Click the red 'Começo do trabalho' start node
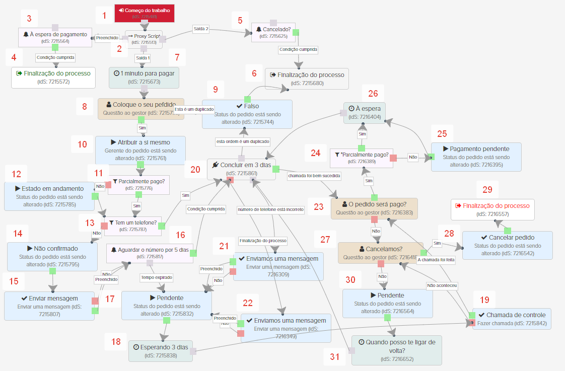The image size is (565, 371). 144,13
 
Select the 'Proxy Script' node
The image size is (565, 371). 144,39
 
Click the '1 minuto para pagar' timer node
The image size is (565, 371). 144,77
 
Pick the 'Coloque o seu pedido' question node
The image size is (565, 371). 140,108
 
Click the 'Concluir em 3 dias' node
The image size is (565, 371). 242,169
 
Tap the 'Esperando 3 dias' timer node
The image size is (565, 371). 161,350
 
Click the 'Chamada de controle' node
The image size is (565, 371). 512,318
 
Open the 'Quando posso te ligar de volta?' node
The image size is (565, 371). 396,349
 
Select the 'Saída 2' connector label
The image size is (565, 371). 200,29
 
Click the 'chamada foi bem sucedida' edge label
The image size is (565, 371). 314,176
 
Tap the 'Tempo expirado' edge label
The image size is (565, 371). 156,277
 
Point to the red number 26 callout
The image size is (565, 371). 373,93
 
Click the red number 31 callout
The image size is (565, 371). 335,357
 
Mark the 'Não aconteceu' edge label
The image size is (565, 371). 442,285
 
